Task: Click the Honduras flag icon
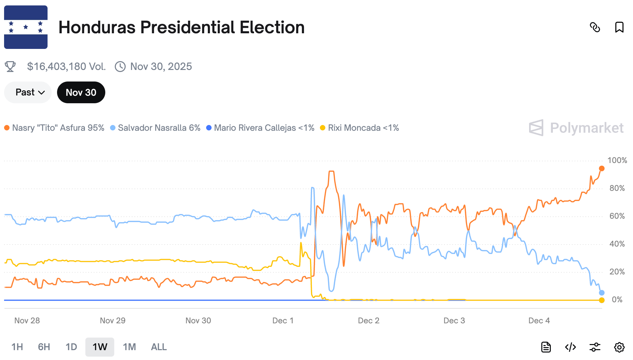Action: pyautogui.click(x=26, y=27)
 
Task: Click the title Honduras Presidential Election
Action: pyautogui.click(x=181, y=27)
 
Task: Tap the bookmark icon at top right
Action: pyautogui.click(x=619, y=27)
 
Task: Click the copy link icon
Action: pyautogui.click(x=595, y=27)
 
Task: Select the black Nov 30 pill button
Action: pyautogui.click(x=81, y=92)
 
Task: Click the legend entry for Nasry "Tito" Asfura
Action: pyautogui.click(x=54, y=128)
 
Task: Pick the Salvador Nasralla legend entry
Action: pyautogui.click(x=156, y=128)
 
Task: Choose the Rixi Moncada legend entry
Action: pyautogui.click(x=360, y=128)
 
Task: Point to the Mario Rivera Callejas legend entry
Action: pyautogui.click(x=260, y=128)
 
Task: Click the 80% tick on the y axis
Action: pyautogui.click(x=617, y=188)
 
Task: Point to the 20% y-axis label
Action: pyautogui.click(x=617, y=272)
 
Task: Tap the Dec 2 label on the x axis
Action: pyautogui.click(x=368, y=321)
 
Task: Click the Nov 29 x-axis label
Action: pyautogui.click(x=112, y=321)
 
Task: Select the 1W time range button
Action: pyautogui.click(x=100, y=347)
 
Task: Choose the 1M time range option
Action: pyautogui.click(x=129, y=347)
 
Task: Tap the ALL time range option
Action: pyautogui.click(x=159, y=347)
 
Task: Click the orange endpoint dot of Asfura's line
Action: pyautogui.click(x=601, y=168)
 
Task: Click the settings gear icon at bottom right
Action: pyautogui.click(x=619, y=347)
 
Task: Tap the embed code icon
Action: pyautogui.click(x=570, y=347)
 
